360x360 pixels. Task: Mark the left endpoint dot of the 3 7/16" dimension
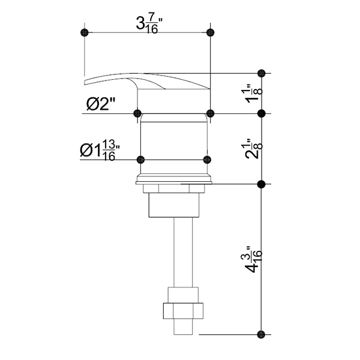(x=85, y=32)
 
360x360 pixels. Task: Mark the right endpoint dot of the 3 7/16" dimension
(x=209, y=32)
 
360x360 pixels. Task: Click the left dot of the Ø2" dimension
(x=137, y=112)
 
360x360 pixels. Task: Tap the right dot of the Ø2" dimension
(x=210, y=112)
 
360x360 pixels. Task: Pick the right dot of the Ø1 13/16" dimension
(x=207, y=160)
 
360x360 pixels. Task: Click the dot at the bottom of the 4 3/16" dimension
(x=261, y=334)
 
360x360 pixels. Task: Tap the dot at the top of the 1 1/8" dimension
(x=261, y=73)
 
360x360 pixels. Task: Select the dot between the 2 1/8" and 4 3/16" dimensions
(x=261, y=184)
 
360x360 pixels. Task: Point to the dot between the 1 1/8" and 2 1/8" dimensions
(x=261, y=113)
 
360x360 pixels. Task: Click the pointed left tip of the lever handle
(x=86, y=81)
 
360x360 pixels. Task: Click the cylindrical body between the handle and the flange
(x=174, y=144)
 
